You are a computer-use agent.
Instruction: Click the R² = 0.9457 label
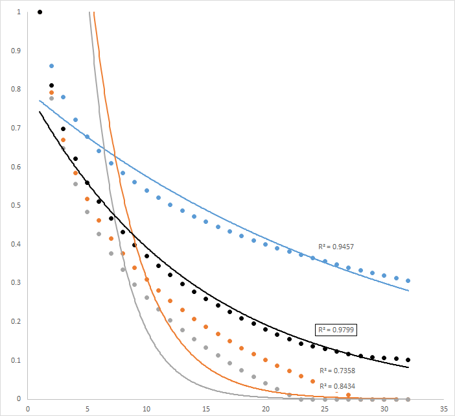(335, 247)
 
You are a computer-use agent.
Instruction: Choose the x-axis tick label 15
(206, 409)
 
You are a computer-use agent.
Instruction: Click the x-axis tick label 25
(325, 409)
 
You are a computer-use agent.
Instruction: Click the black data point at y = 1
(40, 12)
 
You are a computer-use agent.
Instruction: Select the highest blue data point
(52, 66)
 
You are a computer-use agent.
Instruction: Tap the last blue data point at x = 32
(408, 281)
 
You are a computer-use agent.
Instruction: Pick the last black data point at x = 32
(408, 360)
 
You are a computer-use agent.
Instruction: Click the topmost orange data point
(52, 93)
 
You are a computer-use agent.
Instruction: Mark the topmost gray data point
(52, 99)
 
